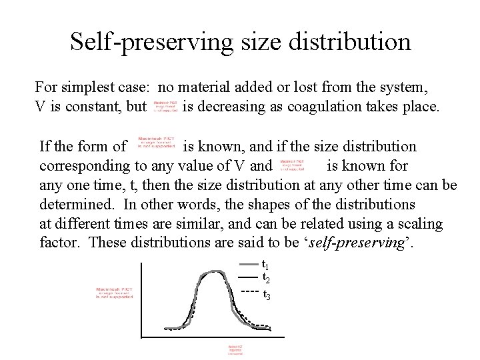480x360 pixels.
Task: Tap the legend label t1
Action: coord(265,264)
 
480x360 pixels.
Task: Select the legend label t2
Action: coord(265,277)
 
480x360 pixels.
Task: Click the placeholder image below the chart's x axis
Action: coord(236,350)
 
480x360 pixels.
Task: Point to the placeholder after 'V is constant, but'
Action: coord(164,107)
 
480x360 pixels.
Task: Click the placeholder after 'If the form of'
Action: coord(155,145)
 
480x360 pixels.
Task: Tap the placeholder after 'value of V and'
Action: coord(292,165)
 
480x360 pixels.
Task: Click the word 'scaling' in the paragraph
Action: coord(419,223)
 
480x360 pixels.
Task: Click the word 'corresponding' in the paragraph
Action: coord(83,165)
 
